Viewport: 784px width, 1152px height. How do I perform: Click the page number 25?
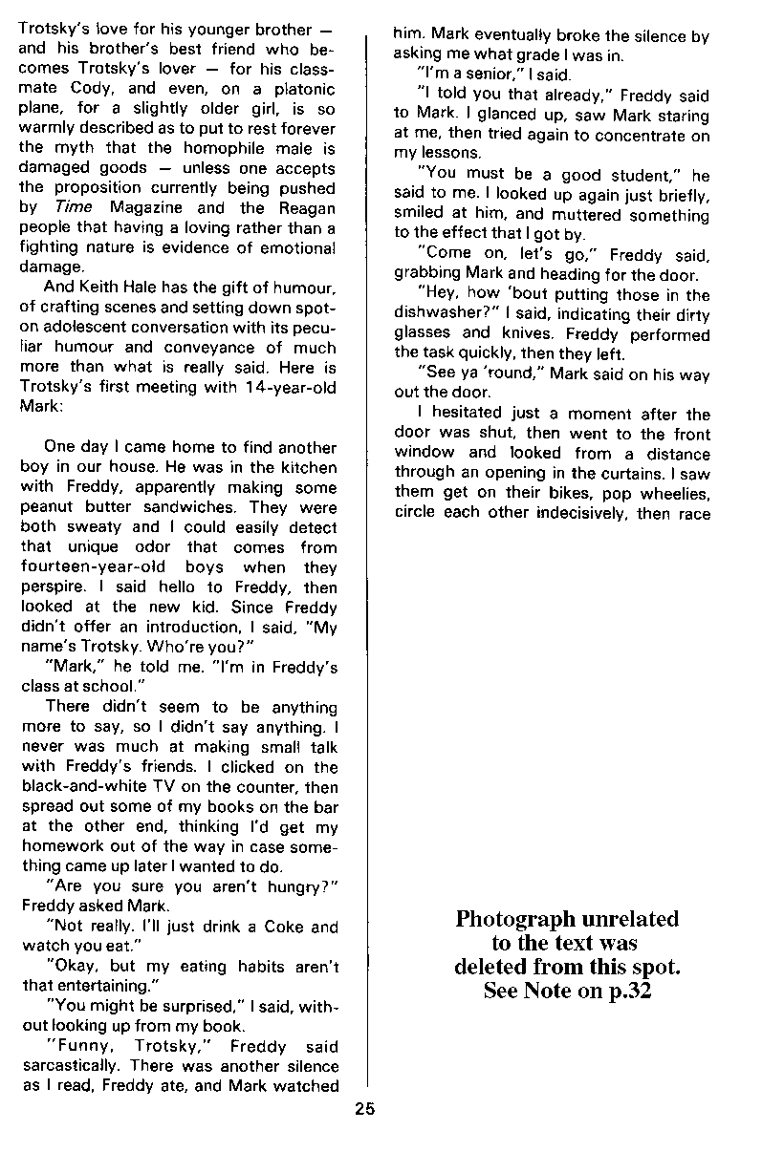pyautogui.click(x=364, y=1109)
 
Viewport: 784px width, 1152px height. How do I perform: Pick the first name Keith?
pyautogui.click(x=102, y=288)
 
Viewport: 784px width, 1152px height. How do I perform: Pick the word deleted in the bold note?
pyautogui.click(x=495, y=966)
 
